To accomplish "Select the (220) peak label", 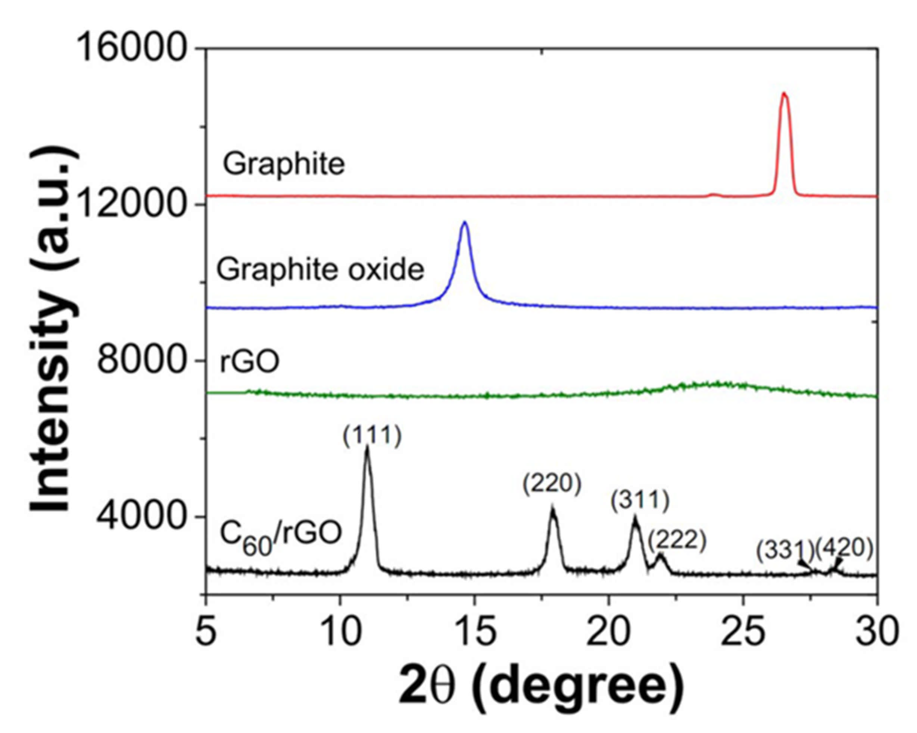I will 552,485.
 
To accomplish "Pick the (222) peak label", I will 677,541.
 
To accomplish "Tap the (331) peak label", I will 785,550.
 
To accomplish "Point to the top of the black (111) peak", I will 367,447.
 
